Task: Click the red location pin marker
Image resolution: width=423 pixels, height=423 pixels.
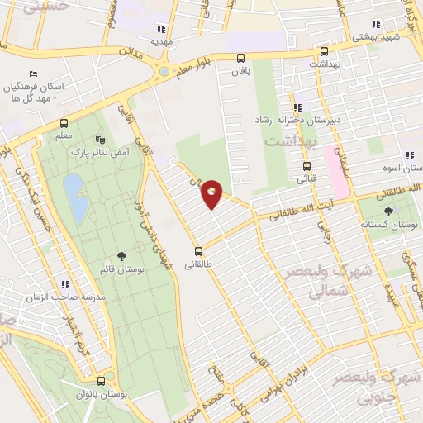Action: coord(212,193)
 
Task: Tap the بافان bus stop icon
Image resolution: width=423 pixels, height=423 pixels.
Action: coord(240,58)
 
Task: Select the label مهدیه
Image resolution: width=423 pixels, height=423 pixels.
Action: coord(159,40)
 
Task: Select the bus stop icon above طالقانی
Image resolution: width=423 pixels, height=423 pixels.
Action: coord(198,251)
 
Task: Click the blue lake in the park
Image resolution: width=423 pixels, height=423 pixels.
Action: coord(74,198)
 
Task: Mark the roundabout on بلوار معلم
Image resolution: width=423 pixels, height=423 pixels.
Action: coord(164,72)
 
